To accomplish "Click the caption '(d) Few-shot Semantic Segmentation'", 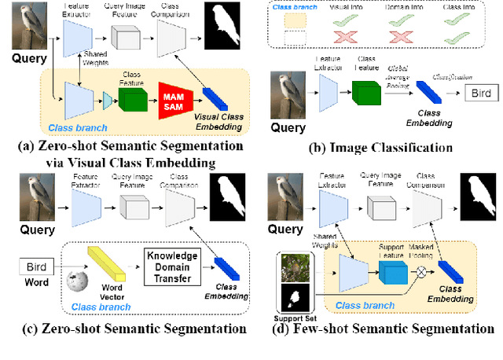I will coord(382,329).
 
